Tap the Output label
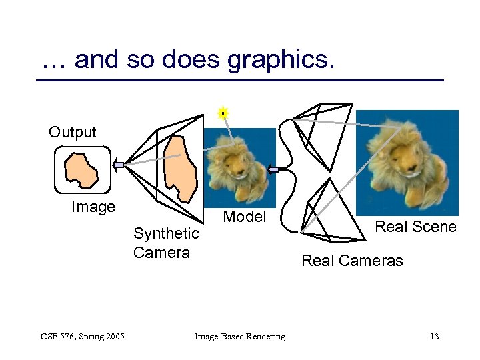pos(72,132)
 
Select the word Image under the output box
pos(93,207)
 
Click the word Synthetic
pos(166,233)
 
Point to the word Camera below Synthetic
pos(161,253)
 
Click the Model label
pos(244,217)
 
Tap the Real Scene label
pos(415,227)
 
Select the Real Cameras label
pos(352,261)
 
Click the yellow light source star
pos(223,113)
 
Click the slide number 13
pos(434,337)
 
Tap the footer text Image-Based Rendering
pos(239,337)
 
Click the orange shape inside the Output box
pos(81,169)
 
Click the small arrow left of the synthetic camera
pos(118,165)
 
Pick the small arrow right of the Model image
pos(273,170)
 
